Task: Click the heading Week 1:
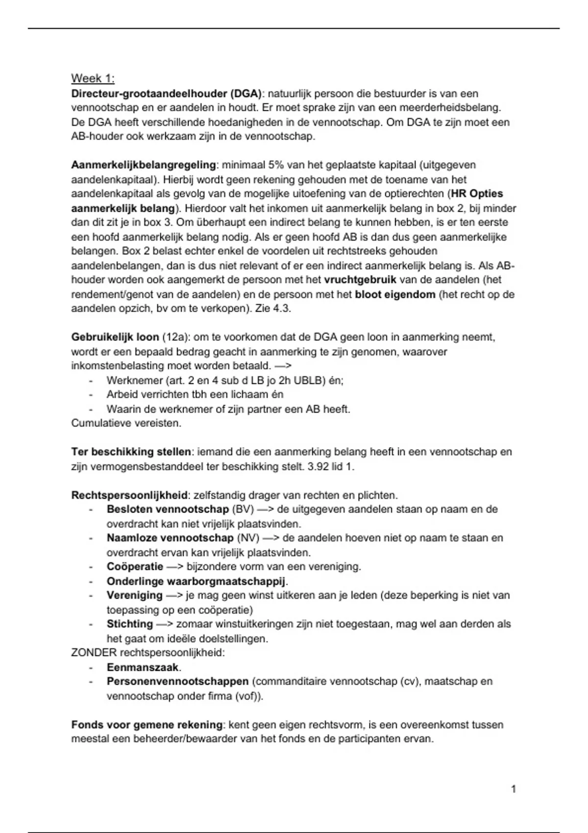93,78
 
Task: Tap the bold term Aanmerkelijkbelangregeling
144,165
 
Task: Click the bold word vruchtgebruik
360,280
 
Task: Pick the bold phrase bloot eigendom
395,294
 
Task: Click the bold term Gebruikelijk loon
115,337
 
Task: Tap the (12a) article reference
175,337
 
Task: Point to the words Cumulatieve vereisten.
126,423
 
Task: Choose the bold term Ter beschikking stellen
131,452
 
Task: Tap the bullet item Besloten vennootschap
168,509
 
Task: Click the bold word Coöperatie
135,567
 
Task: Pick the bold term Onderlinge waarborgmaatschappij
196,582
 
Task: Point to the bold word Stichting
130,624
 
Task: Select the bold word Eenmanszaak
143,667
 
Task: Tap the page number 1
514,789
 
